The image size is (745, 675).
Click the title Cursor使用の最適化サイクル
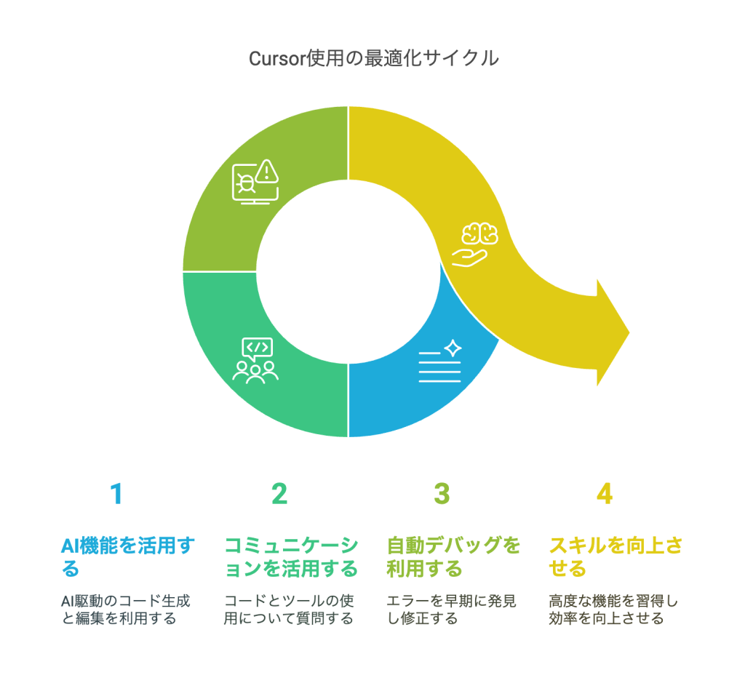[x=373, y=58]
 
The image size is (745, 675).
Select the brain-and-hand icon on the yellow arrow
[x=479, y=243]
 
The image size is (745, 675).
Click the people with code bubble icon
[x=255, y=360]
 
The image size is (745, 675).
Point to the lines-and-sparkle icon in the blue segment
[x=440, y=361]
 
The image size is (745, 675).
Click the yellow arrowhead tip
[x=627, y=332]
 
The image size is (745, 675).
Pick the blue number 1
[x=116, y=494]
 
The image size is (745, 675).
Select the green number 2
[x=279, y=494]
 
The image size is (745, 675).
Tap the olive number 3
[x=442, y=494]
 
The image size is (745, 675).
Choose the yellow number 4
[x=605, y=494]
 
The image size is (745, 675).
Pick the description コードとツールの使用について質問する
[x=289, y=610]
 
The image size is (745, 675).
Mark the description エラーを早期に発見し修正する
[x=451, y=610]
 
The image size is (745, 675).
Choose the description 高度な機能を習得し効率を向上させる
[x=613, y=610]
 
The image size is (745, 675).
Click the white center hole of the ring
[x=348, y=271]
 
